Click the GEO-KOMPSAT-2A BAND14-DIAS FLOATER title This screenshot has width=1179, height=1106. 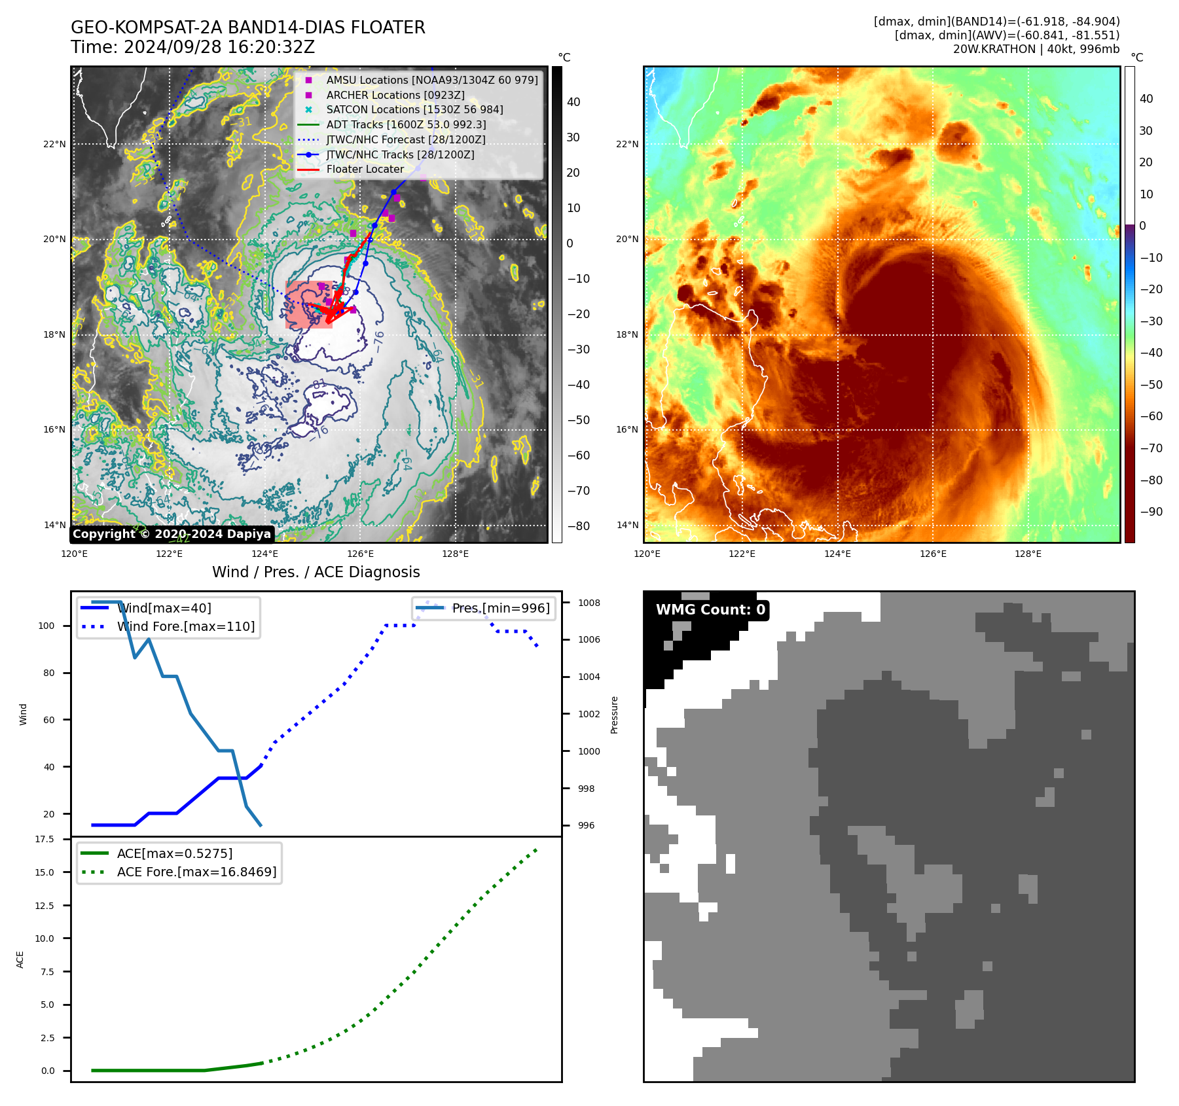[247, 27]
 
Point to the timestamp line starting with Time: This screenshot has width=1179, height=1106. [192, 47]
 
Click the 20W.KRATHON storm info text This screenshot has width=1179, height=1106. [1036, 49]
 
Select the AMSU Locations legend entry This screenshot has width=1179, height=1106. [431, 80]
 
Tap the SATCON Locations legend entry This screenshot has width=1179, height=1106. [414, 109]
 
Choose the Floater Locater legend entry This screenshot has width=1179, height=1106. [365, 169]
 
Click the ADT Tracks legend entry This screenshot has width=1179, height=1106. [406, 124]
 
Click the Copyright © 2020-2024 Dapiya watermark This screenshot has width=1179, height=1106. [172, 534]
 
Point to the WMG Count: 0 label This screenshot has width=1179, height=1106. [710, 610]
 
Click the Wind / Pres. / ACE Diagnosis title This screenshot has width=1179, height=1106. [316, 572]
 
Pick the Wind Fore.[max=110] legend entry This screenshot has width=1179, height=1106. [185, 626]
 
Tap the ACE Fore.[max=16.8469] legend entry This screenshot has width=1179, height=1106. [196, 872]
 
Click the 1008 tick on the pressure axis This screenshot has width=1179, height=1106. [589, 603]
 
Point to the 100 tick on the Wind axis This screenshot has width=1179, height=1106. [46, 626]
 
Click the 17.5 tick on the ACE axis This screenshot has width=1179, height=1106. [45, 839]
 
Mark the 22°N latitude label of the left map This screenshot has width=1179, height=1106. [54, 144]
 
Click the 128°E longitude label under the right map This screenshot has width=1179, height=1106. [1028, 554]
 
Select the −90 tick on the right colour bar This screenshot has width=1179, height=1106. [1151, 512]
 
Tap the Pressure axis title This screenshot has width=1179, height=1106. [614, 715]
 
